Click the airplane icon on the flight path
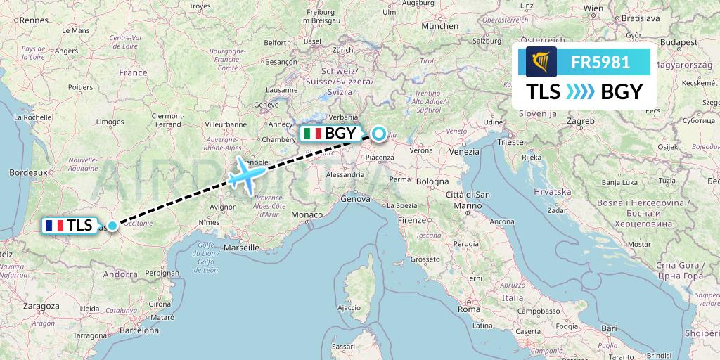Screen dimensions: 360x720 247,174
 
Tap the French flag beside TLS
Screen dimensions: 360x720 56,226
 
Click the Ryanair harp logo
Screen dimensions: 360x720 541,62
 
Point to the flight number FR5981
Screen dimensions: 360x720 600,63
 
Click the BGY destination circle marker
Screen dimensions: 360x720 379,133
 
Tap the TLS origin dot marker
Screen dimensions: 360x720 112,225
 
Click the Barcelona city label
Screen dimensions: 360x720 139,330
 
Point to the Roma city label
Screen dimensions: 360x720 468,309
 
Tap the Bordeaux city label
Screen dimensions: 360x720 28,172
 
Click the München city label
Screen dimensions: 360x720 439,26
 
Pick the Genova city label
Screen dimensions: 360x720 354,200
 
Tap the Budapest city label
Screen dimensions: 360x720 679,42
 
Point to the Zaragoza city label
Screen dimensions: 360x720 41,306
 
